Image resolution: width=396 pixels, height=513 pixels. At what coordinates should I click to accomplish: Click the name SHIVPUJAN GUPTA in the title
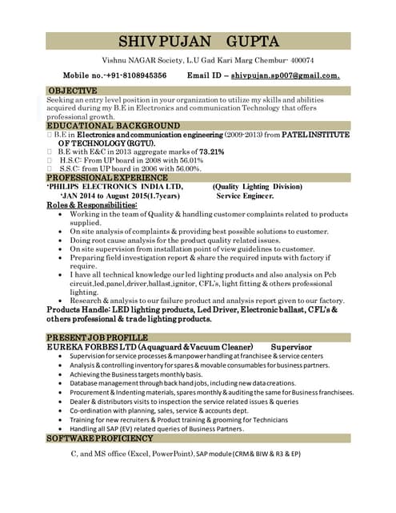pyautogui.click(x=198, y=41)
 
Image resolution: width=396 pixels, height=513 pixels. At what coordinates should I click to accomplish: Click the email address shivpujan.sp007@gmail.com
pyautogui.click(x=286, y=75)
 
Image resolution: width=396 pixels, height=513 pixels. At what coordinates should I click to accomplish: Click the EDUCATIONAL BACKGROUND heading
pyautogui.click(x=113, y=126)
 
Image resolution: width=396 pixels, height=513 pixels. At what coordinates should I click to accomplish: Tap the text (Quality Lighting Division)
pyautogui.click(x=266, y=186)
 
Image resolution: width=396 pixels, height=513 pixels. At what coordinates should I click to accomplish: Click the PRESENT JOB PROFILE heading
pyautogui.click(x=97, y=337)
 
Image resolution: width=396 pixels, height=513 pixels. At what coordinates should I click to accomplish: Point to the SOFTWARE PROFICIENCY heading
pyautogui.click(x=99, y=438)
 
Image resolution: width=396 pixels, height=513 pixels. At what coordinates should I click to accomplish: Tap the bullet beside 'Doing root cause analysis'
pyautogui.click(x=62, y=240)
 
